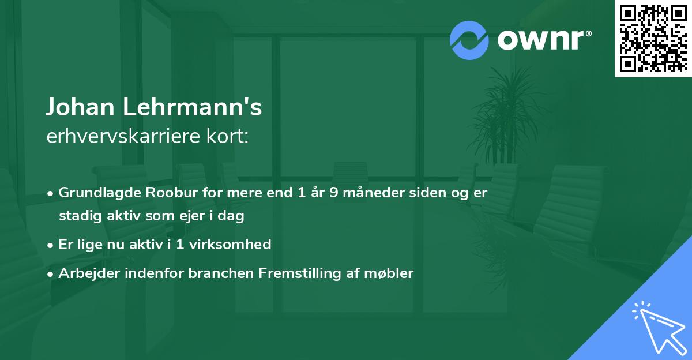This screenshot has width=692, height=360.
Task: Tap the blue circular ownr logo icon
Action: [469, 40]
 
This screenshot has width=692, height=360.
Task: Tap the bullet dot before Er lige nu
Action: [51, 245]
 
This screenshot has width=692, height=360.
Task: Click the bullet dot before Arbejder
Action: [51, 273]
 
